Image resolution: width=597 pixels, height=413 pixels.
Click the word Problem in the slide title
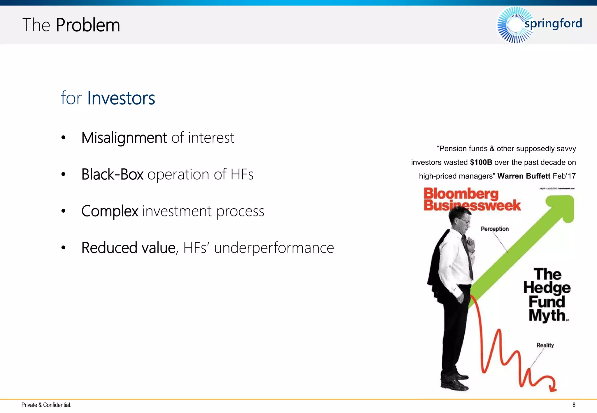pos(88,25)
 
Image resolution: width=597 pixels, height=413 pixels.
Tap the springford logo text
pos(553,23)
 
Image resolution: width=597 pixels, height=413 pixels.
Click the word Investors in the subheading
pos(121,98)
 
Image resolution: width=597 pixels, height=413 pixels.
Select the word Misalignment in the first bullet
pos(124,137)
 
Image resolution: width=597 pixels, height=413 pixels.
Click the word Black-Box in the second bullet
pos(112,174)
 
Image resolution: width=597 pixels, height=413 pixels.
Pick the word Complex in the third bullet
pos(110,211)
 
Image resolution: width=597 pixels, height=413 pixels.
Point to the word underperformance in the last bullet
pos(274,248)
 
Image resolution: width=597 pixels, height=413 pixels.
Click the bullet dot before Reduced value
pos(63,248)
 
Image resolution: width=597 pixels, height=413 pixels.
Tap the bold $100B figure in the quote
pos(481,162)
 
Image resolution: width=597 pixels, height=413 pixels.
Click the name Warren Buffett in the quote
pos(524,176)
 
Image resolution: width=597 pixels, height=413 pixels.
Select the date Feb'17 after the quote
pos(564,176)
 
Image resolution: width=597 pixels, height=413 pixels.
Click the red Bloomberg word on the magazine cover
pos(461,194)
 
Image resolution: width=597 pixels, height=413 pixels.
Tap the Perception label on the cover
pos(495,229)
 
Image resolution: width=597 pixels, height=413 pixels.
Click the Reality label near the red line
pos(545,345)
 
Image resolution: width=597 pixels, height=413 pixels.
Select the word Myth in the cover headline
pos(547,316)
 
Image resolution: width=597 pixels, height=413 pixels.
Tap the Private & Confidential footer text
pos(46,405)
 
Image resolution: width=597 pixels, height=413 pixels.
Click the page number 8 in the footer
pos(574,405)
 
